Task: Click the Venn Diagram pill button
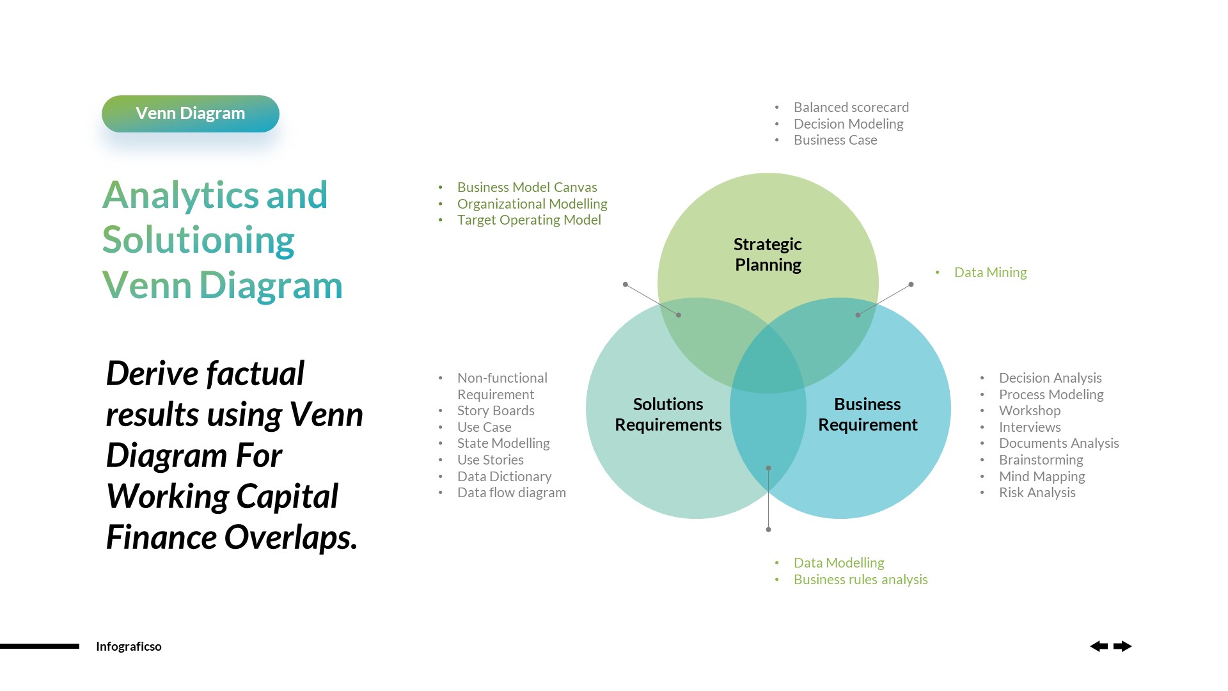[190, 114]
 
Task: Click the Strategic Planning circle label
[767, 255]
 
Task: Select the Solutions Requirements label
[668, 415]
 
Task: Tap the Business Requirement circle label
[867, 415]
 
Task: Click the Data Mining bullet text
[990, 273]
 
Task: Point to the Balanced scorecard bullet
[851, 107]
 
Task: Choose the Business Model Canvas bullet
[527, 187]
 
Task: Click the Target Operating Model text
[529, 220]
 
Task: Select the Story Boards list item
[496, 411]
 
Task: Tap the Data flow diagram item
[511, 493]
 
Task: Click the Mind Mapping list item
[1042, 477]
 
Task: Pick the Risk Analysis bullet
[1037, 493]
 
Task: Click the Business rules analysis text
[860, 580]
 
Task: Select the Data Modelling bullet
[838, 563]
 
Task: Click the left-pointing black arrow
[1099, 646]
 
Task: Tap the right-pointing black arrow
[1122, 646]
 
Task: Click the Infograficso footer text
[129, 646]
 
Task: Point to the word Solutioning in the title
[198, 241]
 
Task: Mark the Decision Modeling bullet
[848, 124]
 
